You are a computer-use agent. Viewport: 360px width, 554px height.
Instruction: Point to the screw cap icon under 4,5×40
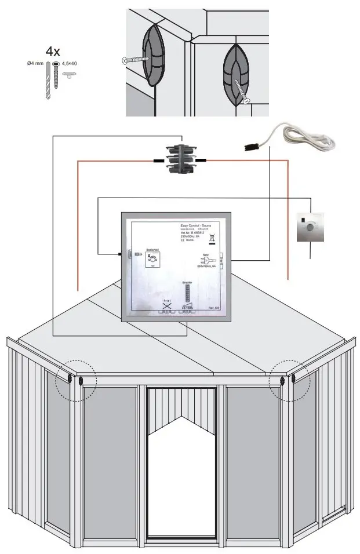tap(70, 74)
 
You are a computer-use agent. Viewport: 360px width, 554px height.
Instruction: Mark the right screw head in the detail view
tap(248, 101)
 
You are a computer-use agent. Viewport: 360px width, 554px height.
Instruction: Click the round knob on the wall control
tap(310, 228)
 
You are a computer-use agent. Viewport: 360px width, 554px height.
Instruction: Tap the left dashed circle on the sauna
tap(76, 380)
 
